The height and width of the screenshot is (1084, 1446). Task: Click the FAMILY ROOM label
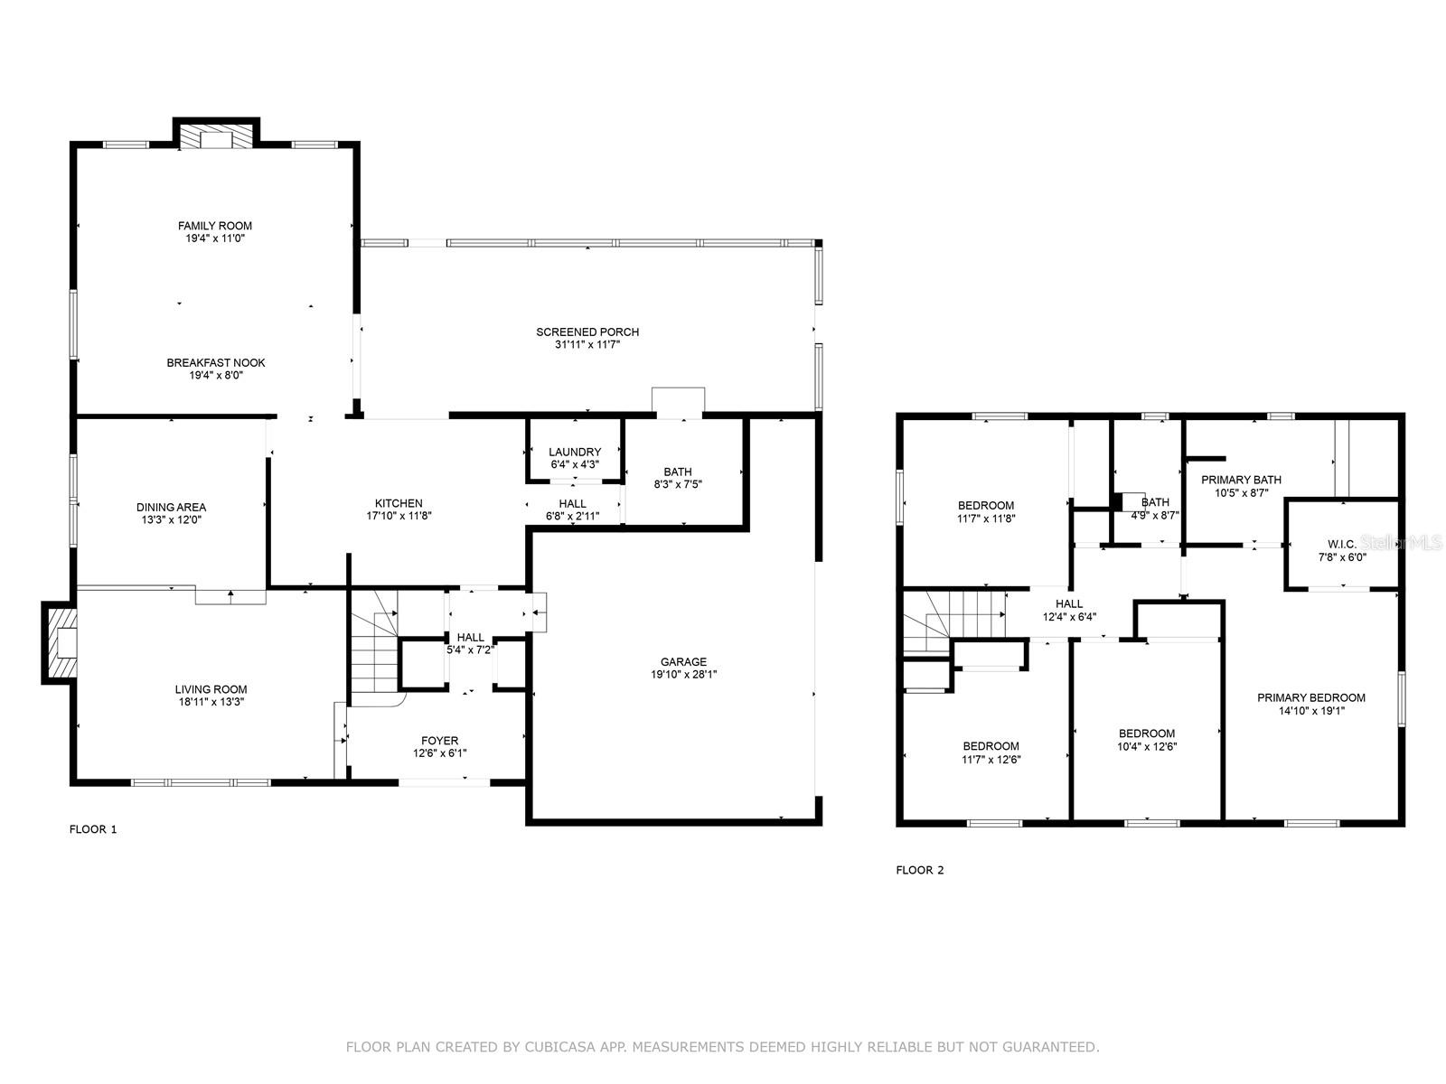coord(214,226)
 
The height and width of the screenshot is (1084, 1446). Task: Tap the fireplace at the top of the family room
coord(216,136)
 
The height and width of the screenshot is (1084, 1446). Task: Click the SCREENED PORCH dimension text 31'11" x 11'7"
coord(587,344)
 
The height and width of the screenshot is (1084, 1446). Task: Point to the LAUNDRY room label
coord(574,452)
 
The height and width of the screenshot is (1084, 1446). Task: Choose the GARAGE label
coord(683,661)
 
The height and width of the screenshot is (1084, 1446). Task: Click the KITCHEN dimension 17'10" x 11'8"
coord(399,516)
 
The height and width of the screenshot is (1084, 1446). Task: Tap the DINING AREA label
coord(171,507)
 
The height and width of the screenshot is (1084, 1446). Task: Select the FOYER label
coord(439,741)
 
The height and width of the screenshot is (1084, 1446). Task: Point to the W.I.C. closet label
coord(1341,544)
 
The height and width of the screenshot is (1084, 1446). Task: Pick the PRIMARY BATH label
coord(1241,480)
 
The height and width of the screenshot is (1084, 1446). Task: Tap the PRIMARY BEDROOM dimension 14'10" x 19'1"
coord(1310,710)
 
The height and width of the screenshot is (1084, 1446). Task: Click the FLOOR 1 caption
coord(93,829)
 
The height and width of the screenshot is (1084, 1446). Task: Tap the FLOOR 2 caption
coord(919,871)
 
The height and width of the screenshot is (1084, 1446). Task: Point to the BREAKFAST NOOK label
coord(215,362)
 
